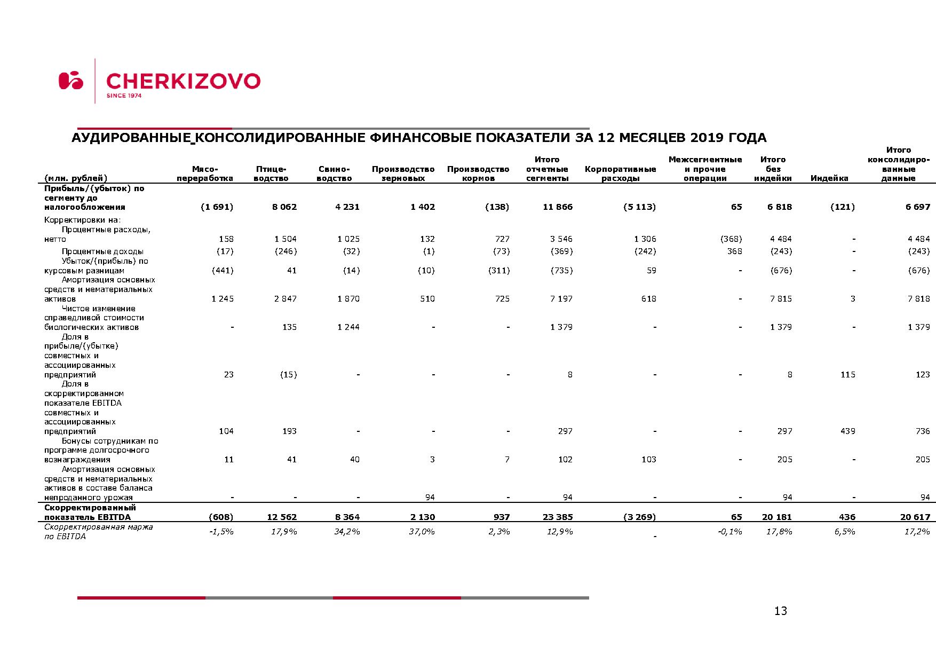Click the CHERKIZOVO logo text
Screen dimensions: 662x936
(183, 82)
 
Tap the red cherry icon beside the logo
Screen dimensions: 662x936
(70, 81)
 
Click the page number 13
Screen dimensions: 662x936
(780, 611)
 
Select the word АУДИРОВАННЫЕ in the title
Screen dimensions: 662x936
(131, 138)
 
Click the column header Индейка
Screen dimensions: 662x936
(829, 178)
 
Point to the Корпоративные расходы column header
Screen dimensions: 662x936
(620, 174)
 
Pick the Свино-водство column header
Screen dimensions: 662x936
(334, 174)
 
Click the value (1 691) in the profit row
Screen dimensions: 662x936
(217, 207)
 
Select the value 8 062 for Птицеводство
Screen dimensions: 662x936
(284, 207)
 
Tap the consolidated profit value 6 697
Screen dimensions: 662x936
(917, 207)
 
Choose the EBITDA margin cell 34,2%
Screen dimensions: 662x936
(347, 532)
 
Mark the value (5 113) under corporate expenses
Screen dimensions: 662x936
(639, 207)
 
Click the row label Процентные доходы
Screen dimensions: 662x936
(102, 251)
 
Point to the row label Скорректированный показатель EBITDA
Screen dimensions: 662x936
(90, 512)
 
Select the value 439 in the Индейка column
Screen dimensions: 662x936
(847, 431)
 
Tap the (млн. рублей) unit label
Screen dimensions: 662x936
(75, 178)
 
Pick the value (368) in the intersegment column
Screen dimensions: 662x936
(731, 239)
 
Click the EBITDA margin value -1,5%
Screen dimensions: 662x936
(221, 532)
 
